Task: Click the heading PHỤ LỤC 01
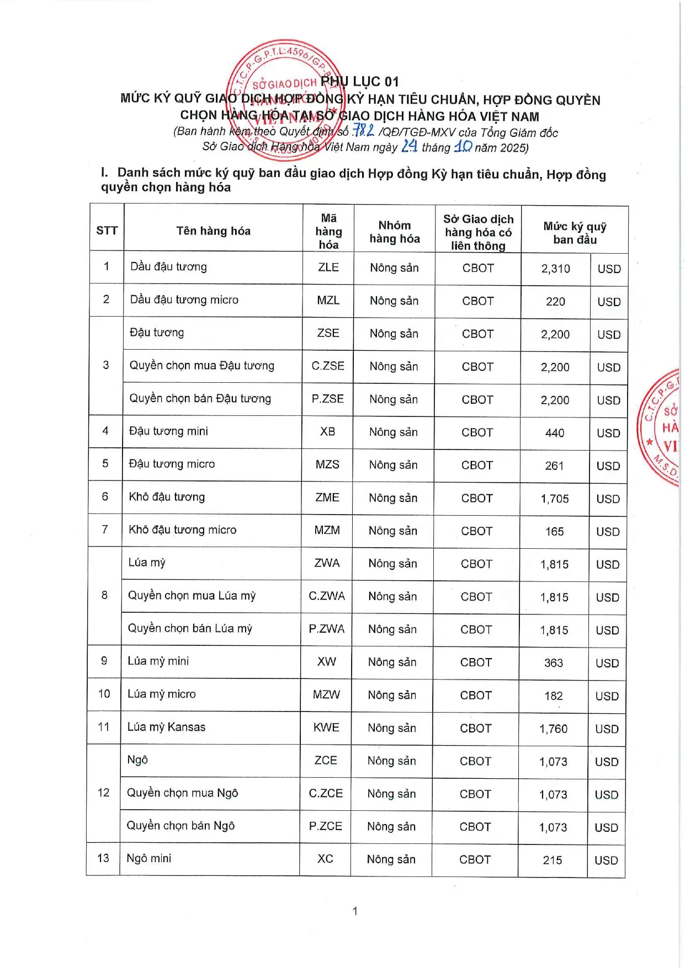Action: coord(359,82)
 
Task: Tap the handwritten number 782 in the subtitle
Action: coord(364,131)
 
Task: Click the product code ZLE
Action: coord(328,267)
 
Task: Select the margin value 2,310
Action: coord(555,269)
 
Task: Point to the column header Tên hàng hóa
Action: coord(213,231)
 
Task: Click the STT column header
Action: coord(107,230)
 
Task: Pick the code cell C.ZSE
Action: coord(327,366)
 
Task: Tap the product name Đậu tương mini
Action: coord(168,431)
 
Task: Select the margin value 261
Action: coord(554,466)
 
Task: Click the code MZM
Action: coord(327,530)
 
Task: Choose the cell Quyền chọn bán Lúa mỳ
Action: coord(190,628)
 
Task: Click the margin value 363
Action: coord(554,663)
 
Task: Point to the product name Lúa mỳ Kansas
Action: coord(166,727)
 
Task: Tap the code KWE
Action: coord(326,728)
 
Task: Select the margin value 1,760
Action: coord(553,729)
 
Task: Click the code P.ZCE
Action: coord(325,826)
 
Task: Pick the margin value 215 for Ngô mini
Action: coord(553,860)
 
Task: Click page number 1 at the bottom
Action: coord(355,911)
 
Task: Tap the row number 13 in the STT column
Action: coord(103,858)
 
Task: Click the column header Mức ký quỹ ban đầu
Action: coord(575,233)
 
